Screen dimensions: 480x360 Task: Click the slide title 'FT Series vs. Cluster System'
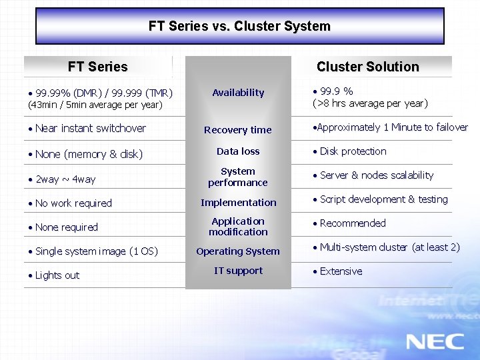point(239,27)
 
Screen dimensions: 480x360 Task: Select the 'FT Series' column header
point(97,67)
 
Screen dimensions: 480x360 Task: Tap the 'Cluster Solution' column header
point(367,67)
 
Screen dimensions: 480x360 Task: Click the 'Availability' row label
point(238,93)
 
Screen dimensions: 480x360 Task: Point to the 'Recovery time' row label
point(238,130)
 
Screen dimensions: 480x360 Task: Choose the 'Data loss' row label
point(238,151)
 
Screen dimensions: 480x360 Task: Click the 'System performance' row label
point(238,177)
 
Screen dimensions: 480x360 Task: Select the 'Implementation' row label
point(238,203)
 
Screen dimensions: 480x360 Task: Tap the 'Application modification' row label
point(238,227)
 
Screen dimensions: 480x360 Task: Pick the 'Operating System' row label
point(238,251)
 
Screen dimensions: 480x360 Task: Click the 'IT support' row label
point(238,271)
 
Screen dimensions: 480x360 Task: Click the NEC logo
point(435,341)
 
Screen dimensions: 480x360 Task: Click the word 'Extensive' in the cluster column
point(341,271)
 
